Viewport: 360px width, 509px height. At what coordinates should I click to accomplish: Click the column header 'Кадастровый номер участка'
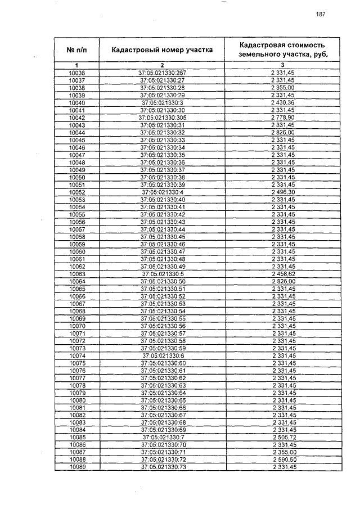coord(162,50)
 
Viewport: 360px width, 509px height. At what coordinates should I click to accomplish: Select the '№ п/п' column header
coord(76,50)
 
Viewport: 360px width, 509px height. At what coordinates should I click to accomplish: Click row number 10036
coord(76,74)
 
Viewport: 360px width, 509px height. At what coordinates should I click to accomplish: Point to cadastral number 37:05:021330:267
coord(162,74)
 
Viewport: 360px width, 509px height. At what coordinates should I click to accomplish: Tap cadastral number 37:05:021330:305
coord(162,118)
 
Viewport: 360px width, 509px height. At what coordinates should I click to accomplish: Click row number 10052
coord(76,192)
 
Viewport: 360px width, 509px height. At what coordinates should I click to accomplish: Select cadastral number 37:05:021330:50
coord(162,281)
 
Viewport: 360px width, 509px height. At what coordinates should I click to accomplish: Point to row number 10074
coord(76,355)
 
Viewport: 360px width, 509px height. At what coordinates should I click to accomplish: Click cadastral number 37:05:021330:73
coord(162,467)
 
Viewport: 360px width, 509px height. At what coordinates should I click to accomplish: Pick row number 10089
coord(76,467)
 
